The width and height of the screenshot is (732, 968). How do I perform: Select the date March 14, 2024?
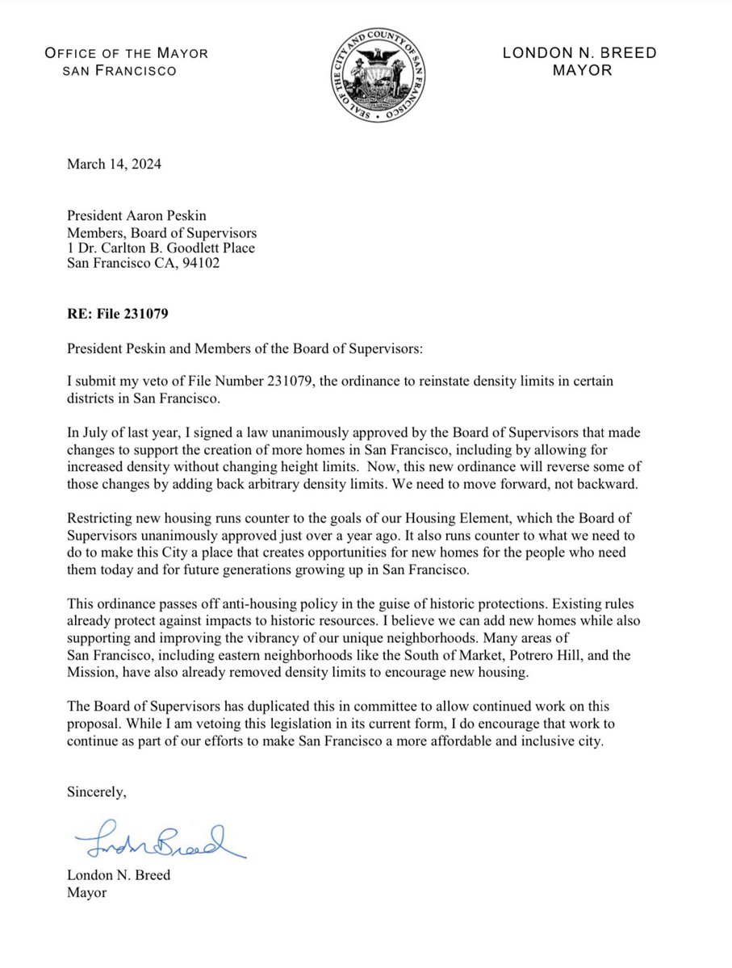click(114, 164)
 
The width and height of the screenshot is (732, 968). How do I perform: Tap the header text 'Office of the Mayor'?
click(126, 54)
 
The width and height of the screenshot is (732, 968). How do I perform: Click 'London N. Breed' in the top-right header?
click(579, 54)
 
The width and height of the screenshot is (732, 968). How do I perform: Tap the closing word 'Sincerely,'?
click(96, 792)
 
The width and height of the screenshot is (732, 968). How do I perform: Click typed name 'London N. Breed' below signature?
click(119, 875)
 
